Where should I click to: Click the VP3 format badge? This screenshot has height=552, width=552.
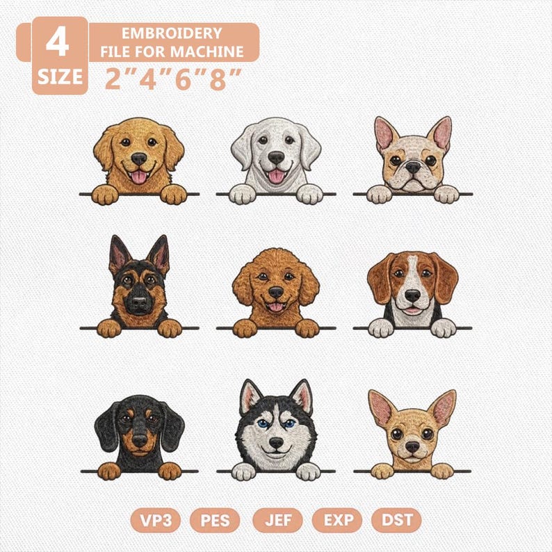point(156,520)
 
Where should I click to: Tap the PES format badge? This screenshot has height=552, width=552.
point(215,520)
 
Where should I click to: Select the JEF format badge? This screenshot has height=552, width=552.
point(278,520)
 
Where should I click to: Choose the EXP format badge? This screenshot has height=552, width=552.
point(337,520)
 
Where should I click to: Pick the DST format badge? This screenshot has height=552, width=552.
point(397,520)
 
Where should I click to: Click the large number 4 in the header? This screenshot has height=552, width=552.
point(58,42)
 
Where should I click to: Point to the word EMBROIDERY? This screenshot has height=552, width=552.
point(172,33)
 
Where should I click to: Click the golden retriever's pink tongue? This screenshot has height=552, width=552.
point(139,177)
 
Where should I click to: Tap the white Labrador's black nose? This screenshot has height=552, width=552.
point(276,157)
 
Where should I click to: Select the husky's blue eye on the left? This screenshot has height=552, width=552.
point(262,423)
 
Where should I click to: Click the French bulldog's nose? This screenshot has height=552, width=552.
point(412,168)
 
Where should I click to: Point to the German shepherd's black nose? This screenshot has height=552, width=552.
point(140,301)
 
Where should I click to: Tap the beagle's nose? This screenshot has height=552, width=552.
point(412,295)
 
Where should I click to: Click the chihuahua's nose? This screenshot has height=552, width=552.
point(412,447)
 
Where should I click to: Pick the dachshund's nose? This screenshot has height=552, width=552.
point(140,440)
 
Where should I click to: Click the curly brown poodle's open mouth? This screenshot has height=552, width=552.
point(275,307)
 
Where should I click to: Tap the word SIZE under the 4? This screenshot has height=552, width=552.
point(60,76)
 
